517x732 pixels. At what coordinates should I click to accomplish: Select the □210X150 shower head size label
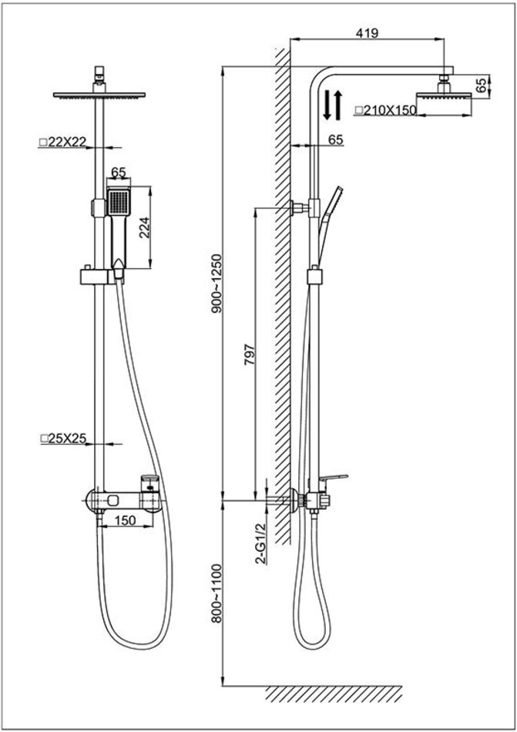pyautogui.click(x=384, y=110)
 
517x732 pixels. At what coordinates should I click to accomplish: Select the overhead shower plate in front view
pyautogui.click(x=97, y=95)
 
